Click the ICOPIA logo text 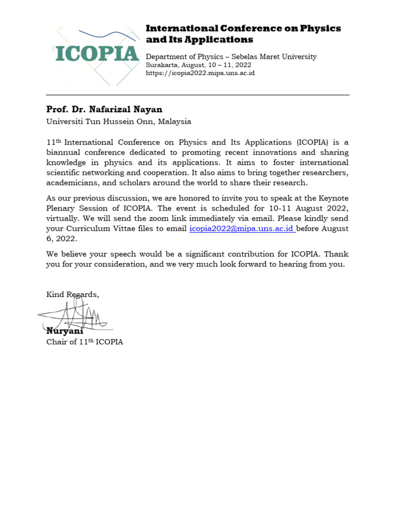tap(97, 54)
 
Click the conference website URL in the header tap(200, 73)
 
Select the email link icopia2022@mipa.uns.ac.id tap(241, 229)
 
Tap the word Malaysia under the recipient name tap(175, 121)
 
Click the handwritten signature tap(75, 315)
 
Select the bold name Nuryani tap(65, 331)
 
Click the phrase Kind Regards tap(73, 294)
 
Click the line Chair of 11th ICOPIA tap(85, 342)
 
